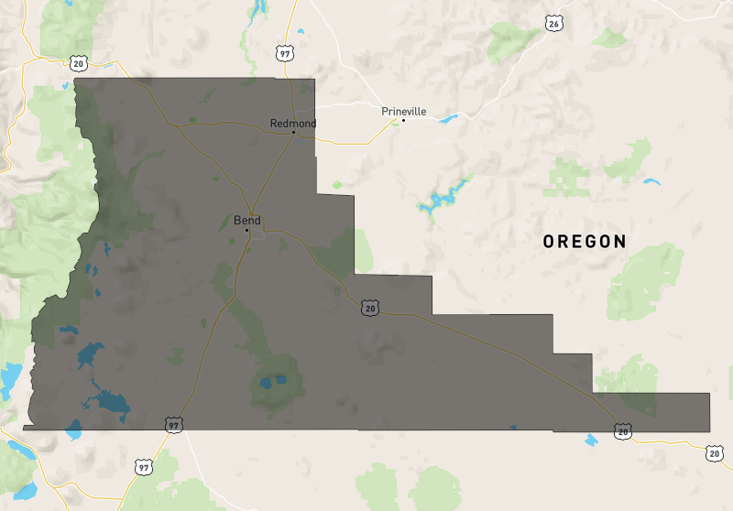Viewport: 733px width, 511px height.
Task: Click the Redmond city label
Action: coord(293,124)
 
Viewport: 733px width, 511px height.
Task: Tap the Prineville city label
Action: coord(404,111)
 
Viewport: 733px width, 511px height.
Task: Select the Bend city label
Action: coord(247,220)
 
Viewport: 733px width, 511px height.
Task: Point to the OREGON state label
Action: coord(585,242)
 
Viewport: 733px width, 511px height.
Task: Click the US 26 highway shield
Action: coord(552,24)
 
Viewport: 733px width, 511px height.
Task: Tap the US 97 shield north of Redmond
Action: coord(285,54)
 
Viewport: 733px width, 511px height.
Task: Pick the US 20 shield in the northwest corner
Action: coord(78,61)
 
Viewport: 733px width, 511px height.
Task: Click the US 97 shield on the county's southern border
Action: coord(174,426)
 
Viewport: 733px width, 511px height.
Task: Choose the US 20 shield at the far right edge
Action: coord(715,452)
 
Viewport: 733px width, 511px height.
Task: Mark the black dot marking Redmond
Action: coord(293,133)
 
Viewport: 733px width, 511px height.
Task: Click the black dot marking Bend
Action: coord(246,230)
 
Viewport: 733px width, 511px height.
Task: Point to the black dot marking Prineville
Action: coord(403,120)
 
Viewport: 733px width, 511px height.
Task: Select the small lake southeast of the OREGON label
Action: coord(651,181)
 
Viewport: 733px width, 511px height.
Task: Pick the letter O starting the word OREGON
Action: coord(549,242)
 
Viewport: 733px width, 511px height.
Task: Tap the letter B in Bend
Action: coord(238,220)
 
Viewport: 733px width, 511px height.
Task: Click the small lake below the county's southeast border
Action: coord(591,440)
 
